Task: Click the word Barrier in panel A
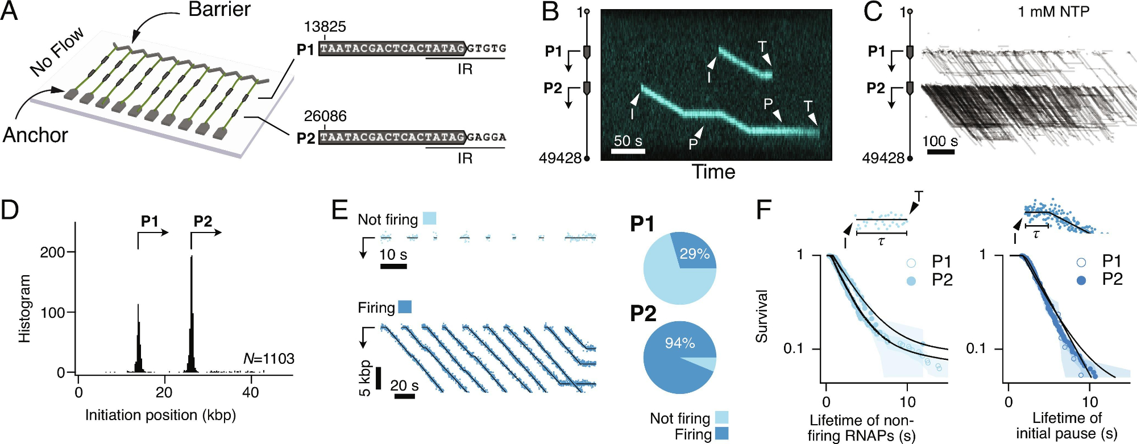click(219, 10)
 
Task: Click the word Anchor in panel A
click(35, 135)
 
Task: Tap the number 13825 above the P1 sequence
click(325, 27)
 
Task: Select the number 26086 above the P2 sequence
click(325, 117)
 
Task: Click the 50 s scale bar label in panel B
click(628, 140)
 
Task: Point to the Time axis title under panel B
click(713, 172)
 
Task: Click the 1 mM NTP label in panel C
click(1053, 11)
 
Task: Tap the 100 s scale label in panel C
click(940, 141)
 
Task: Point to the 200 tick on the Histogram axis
click(52, 252)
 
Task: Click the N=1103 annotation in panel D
click(268, 359)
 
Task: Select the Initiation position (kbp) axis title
click(160, 415)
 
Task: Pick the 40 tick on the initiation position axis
click(250, 392)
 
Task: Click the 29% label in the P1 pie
click(695, 254)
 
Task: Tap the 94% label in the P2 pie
click(680, 343)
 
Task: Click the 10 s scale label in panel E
click(393, 254)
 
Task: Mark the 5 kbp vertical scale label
click(365, 378)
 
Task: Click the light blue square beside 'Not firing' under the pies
click(721, 418)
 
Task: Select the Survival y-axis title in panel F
click(761, 316)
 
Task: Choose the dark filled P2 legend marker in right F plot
click(1081, 280)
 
